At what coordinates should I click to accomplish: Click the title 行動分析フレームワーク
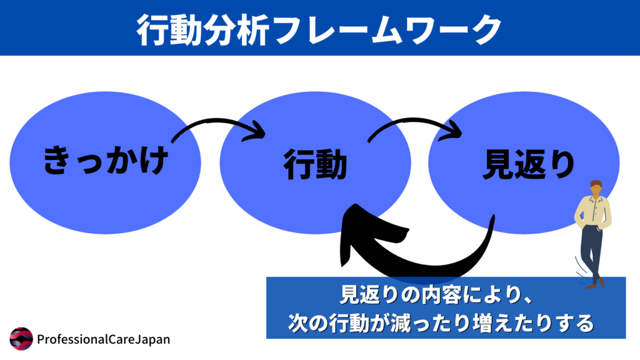(319, 27)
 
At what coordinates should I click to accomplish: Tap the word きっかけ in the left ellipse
(106, 161)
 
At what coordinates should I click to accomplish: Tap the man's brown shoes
(594, 284)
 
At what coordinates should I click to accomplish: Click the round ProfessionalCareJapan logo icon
(21, 339)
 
